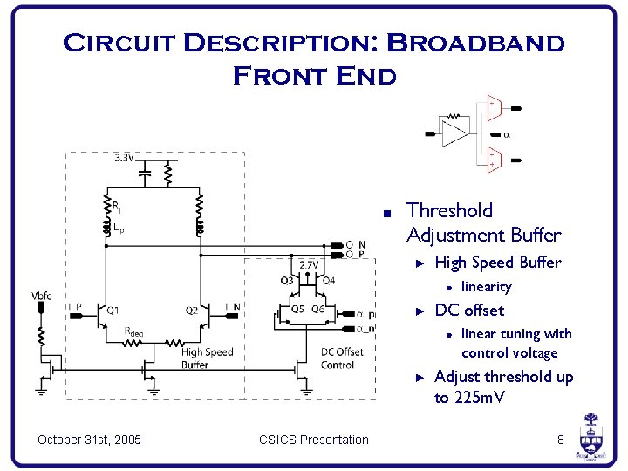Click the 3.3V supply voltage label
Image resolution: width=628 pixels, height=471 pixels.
[124, 159]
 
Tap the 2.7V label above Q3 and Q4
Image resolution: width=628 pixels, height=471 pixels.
[309, 265]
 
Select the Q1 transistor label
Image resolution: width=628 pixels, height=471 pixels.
[113, 310]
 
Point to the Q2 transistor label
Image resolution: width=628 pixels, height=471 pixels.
[190, 310]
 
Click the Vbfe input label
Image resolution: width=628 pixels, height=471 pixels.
[41, 296]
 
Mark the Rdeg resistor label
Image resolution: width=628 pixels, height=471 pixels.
[133, 331]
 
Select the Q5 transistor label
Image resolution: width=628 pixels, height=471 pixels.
[297, 309]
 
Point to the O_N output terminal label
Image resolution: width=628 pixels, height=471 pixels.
[356, 244]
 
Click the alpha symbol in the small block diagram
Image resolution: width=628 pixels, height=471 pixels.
[507, 135]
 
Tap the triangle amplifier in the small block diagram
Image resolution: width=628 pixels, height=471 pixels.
[455, 134]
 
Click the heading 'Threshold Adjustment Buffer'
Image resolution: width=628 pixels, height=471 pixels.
[483, 222]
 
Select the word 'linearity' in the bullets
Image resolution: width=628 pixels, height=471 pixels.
[486, 286]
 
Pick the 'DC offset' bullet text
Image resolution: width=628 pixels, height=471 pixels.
[468, 310]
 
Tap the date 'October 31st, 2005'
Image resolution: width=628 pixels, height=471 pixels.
[90, 439]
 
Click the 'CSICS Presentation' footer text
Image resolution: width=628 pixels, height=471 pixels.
[314, 439]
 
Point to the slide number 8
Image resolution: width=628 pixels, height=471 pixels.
[561, 439]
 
